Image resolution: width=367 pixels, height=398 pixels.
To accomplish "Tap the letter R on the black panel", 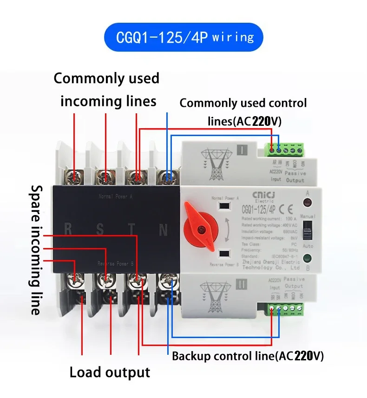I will click(x=68, y=229).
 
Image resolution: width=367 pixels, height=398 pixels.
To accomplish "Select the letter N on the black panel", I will click(x=163, y=230).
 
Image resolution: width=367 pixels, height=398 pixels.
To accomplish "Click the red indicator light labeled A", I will click(x=307, y=202).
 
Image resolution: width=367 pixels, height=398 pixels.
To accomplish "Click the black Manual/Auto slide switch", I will click(x=307, y=229).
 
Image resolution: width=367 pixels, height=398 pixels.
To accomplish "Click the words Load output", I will click(x=110, y=372).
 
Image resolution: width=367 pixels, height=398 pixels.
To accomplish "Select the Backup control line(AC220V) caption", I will click(x=248, y=357).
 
